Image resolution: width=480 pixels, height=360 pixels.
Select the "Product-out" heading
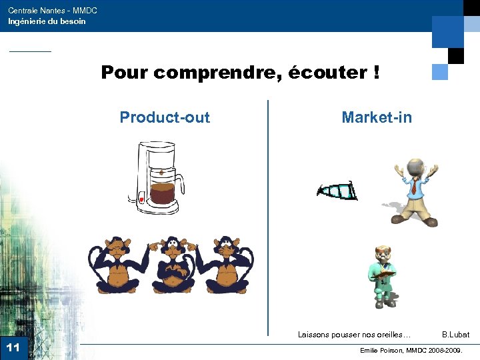[x=165, y=118]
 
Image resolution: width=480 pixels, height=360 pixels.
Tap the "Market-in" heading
[x=377, y=118]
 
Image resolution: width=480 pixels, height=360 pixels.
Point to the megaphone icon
[x=337, y=191]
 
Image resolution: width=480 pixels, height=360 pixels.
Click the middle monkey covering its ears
[x=173, y=265]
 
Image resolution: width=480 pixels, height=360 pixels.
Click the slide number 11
[x=13, y=347]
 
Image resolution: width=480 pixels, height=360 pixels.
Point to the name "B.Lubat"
[x=455, y=335]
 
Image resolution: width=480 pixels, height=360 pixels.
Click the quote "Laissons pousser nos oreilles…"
[x=354, y=335]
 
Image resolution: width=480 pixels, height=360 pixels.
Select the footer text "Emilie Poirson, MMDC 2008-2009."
[x=411, y=350]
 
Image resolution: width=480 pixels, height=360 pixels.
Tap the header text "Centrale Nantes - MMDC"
[x=53, y=11]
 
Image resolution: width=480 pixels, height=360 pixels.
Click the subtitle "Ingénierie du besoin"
[x=47, y=21]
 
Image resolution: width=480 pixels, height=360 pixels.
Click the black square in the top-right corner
[x=456, y=55]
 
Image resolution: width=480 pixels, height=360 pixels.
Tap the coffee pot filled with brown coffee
[x=161, y=194]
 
